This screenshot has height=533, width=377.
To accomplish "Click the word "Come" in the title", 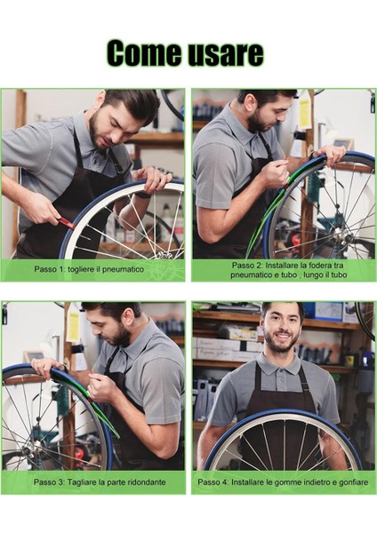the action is [145, 53].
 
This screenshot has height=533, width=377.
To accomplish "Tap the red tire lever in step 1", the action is [67, 223].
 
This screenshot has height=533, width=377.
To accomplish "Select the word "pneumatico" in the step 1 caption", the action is [124, 269].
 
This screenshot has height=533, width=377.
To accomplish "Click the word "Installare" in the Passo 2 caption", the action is [282, 265].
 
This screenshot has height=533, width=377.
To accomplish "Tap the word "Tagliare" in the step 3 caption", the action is [81, 482].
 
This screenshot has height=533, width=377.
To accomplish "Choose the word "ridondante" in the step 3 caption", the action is [147, 482].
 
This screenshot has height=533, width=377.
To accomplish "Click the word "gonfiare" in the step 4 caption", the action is [354, 482].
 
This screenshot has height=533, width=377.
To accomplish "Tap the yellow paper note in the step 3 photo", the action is [73, 326].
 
